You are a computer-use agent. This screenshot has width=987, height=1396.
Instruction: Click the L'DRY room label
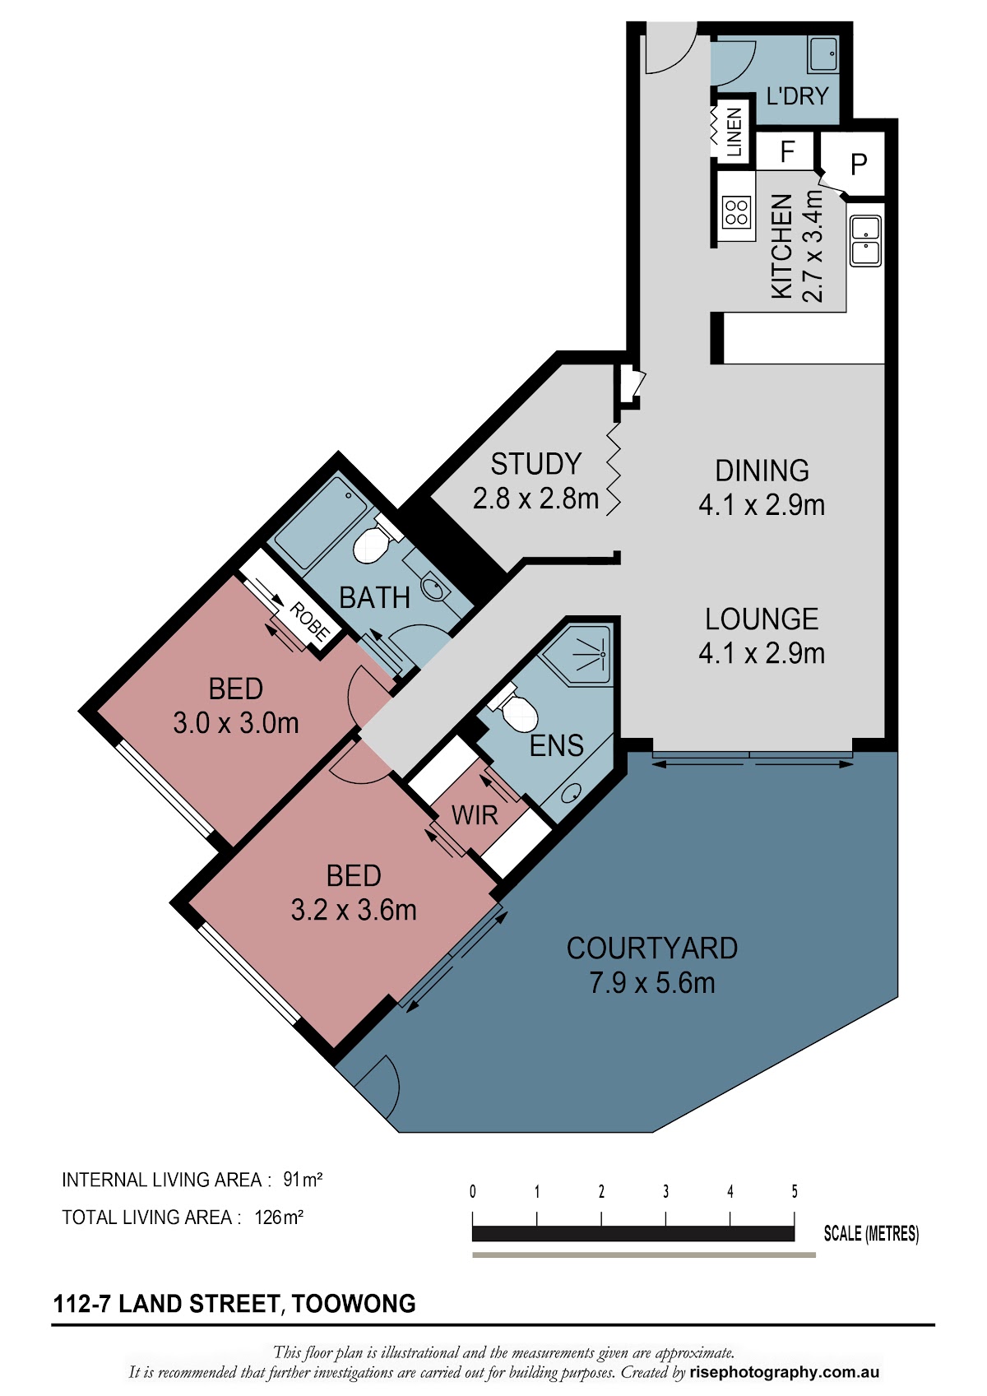pos(797,96)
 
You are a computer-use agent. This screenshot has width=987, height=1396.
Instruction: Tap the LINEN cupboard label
pos(734,132)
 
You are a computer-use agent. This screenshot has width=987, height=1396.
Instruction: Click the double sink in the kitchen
pos(866,240)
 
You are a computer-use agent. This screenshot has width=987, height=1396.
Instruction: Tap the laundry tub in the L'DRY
pos(823,53)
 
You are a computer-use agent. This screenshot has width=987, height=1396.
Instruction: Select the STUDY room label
pos(536,464)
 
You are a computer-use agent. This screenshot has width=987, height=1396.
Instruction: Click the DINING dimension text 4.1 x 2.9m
pos(762,505)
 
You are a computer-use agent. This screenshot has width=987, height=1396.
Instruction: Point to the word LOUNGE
pos(762,619)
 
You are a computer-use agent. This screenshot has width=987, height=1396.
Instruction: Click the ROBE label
pos(310,622)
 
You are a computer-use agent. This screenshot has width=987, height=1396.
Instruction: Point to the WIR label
pos(475,815)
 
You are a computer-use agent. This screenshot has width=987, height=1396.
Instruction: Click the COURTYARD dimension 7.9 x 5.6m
pos(651,983)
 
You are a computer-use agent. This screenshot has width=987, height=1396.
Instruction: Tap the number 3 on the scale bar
pos(666,1192)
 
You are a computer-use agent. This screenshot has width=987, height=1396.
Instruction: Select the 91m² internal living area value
pos(303,1179)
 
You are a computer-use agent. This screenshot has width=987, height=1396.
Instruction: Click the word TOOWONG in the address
pos(354,1303)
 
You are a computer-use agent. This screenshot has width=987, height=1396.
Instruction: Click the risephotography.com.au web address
pos(785,1371)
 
